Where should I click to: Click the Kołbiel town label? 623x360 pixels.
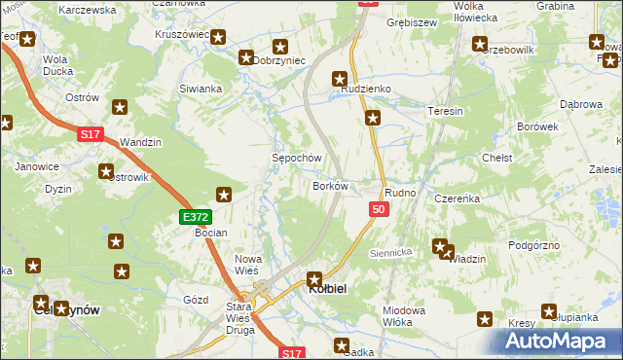pyautogui.click(x=329, y=289)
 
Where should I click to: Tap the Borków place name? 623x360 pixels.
pyautogui.click(x=330, y=185)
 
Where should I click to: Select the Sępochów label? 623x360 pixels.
pyautogui.click(x=296, y=158)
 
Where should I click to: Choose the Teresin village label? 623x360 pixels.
pyautogui.click(x=445, y=112)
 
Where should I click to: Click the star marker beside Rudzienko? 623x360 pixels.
pyautogui.click(x=339, y=79)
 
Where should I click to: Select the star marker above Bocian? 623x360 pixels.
pyautogui.click(x=224, y=194)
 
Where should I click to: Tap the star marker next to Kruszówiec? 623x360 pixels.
pyautogui.click(x=219, y=38)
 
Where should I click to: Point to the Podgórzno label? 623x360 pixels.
pyautogui.click(x=534, y=245)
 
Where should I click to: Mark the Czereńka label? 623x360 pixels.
pyautogui.click(x=458, y=198)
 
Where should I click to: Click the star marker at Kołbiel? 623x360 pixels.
pyautogui.click(x=314, y=279)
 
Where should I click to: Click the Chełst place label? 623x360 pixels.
pyautogui.click(x=497, y=158)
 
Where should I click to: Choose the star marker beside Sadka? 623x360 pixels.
pyautogui.click(x=343, y=344)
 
